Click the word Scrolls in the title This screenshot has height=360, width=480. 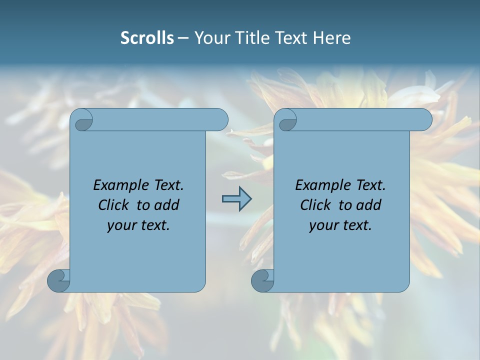147,38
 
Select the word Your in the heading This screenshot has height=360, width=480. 211,38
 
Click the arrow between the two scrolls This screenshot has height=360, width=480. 236,199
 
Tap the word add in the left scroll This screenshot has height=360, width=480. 167,205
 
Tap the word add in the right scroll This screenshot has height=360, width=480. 369,205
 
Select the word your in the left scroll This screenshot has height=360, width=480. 120,226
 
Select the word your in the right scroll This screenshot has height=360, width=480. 322,226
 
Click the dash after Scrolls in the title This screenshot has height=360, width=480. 183,38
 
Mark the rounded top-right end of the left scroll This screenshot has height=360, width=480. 220,119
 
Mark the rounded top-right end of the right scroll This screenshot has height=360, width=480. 424,119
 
